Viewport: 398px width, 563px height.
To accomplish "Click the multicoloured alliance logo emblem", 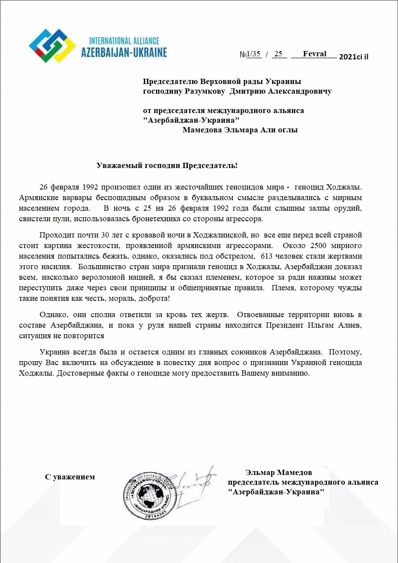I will click(52, 45).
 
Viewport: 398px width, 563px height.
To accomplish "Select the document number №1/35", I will click(250, 55).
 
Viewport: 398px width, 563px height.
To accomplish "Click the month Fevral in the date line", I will click(314, 54).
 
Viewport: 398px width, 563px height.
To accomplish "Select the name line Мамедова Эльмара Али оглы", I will click(240, 130).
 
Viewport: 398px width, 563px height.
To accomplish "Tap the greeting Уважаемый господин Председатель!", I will click(167, 165).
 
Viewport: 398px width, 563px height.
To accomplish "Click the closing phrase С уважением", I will click(69, 477).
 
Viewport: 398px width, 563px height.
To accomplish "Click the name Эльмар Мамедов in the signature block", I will click(279, 473).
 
